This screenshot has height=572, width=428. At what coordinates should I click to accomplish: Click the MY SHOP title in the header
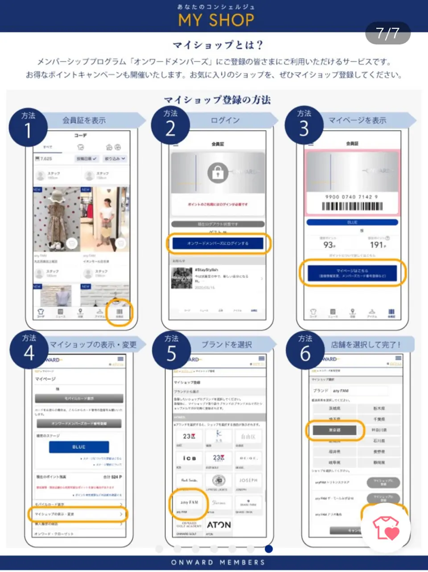[216, 20]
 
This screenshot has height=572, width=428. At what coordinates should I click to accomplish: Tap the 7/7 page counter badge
[387, 33]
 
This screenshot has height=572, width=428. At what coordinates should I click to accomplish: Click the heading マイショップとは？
[218, 45]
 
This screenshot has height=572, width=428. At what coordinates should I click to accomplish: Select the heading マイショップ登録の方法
[217, 99]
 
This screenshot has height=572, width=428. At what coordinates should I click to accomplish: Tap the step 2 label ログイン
[225, 120]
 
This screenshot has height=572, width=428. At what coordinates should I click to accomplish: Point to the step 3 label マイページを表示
[357, 120]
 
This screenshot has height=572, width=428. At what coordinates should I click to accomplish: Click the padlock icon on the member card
[218, 173]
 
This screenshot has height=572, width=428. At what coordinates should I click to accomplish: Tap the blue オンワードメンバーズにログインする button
[218, 244]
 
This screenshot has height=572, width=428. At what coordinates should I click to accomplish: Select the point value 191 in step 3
[377, 245]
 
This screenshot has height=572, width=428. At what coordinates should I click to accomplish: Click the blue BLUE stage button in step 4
[79, 447]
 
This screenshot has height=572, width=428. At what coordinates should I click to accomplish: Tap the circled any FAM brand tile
[189, 503]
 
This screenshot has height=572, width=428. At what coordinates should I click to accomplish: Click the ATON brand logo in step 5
[219, 525]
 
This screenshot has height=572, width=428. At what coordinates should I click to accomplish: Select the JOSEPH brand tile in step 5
[248, 481]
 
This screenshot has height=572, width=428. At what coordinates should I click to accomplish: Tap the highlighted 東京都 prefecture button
[334, 430]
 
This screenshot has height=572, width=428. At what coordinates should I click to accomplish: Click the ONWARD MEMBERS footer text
[218, 562]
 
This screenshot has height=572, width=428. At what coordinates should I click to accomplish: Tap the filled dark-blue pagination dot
[268, 549]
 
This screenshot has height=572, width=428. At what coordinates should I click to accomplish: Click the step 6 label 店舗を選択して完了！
[366, 344]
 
